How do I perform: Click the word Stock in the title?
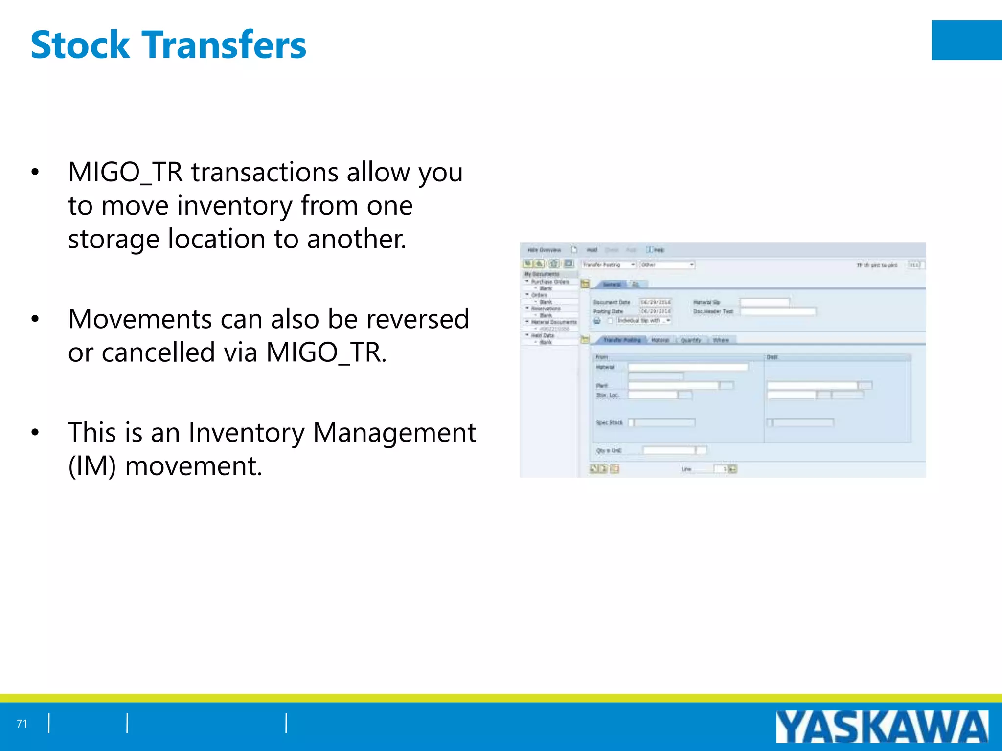[x=80, y=45]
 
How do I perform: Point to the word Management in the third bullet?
[x=394, y=433]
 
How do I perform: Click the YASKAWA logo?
[x=882, y=727]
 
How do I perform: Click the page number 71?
[x=22, y=724]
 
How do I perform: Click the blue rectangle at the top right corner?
[x=966, y=40]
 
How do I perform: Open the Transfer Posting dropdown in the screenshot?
[x=609, y=265]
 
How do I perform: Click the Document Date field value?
[x=656, y=302]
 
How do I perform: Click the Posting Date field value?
[x=656, y=311]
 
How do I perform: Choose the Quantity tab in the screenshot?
[x=691, y=340]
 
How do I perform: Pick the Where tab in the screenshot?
[x=721, y=340]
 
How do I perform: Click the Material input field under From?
[x=688, y=367]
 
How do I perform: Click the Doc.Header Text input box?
[x=778, y=311]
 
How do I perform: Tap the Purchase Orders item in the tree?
[x=550, y=282]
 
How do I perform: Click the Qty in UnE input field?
[x=669, y=450]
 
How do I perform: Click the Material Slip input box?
[x=765, y=302]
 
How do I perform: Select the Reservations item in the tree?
[x=546, y=309]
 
